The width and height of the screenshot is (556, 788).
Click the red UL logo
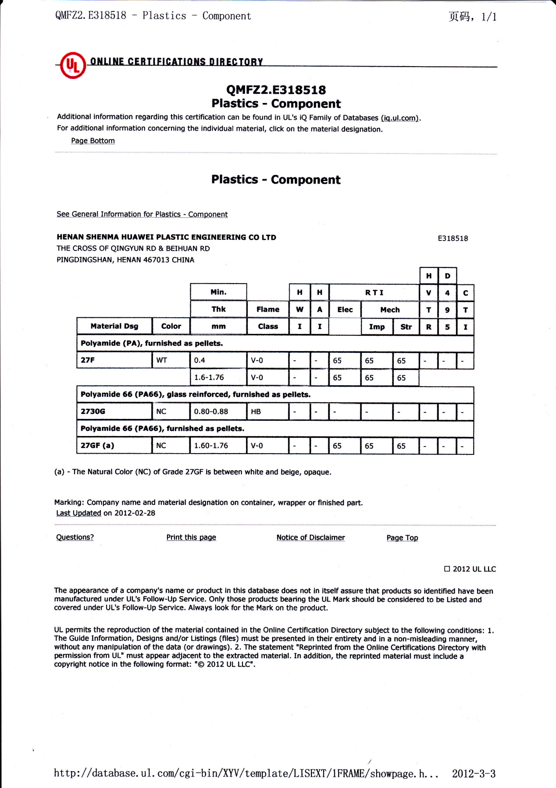point(73,65)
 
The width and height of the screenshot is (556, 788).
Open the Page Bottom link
point(93,141)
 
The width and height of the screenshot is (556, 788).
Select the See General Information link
point(142,214)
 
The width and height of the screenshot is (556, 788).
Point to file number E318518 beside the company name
point(453,238)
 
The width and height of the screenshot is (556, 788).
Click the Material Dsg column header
point(114,326)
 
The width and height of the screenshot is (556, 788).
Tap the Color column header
point(171,326)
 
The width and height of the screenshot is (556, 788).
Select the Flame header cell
point(267,309)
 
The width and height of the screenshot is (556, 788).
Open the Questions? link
point(75,537)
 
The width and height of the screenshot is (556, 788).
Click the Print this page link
point(191,537)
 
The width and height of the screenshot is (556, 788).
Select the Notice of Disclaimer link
point(310,537)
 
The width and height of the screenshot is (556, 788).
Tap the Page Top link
point(402,538)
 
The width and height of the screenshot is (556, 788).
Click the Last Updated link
point(78,513)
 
